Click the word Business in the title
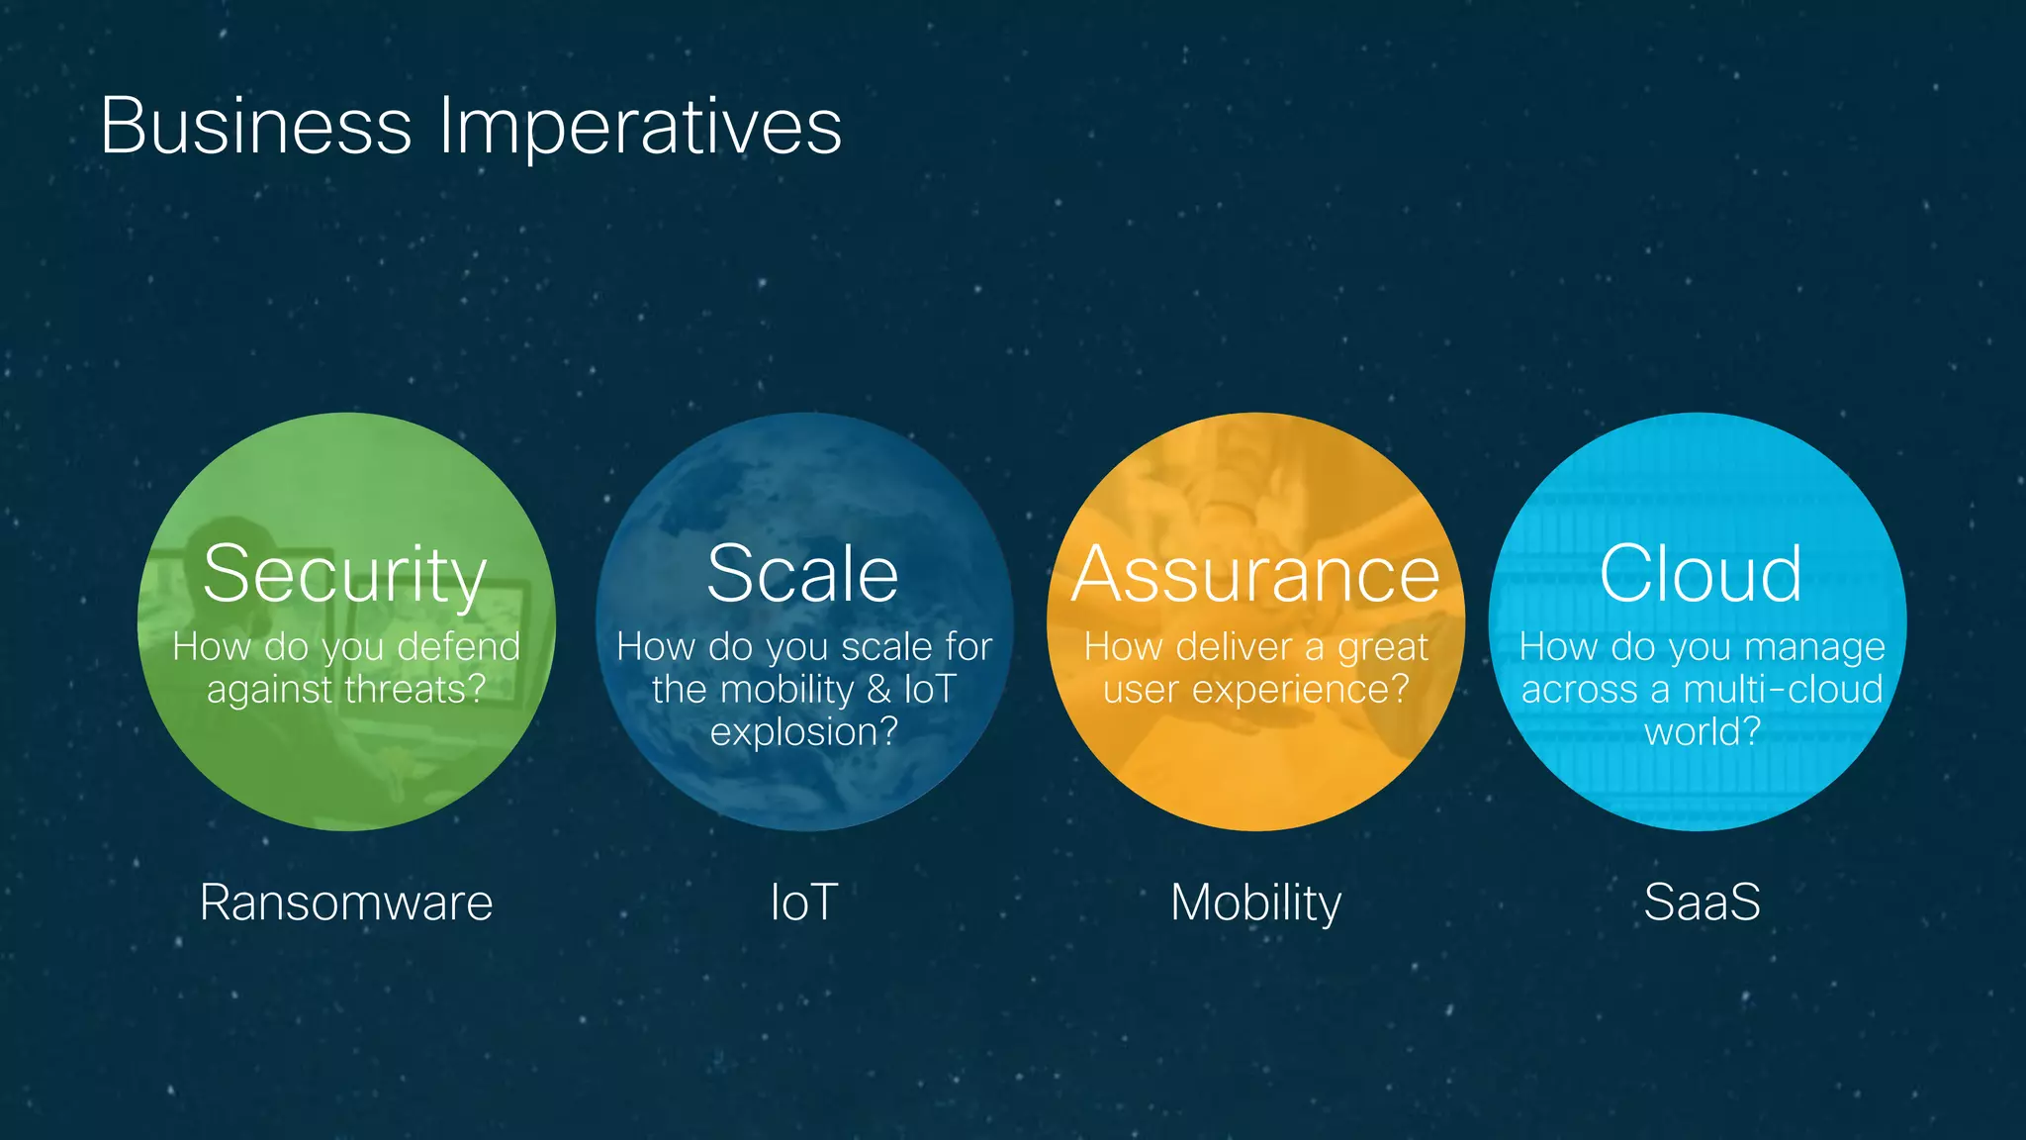coord(255,127)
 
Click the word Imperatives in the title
coord(640,127)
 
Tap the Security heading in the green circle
coord(345,575)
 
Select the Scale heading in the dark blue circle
coord(802,574)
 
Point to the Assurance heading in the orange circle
coord(1255,575)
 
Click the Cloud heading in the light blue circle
coord(1701,574)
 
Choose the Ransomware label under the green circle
coord(345,902)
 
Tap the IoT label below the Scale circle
coord(803,902)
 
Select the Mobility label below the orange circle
coord(1255,903)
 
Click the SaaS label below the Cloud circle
coord(1702,902)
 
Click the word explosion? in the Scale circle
coord(803,732)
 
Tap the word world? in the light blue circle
coord(1702,732)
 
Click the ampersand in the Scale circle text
coord(878,690)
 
